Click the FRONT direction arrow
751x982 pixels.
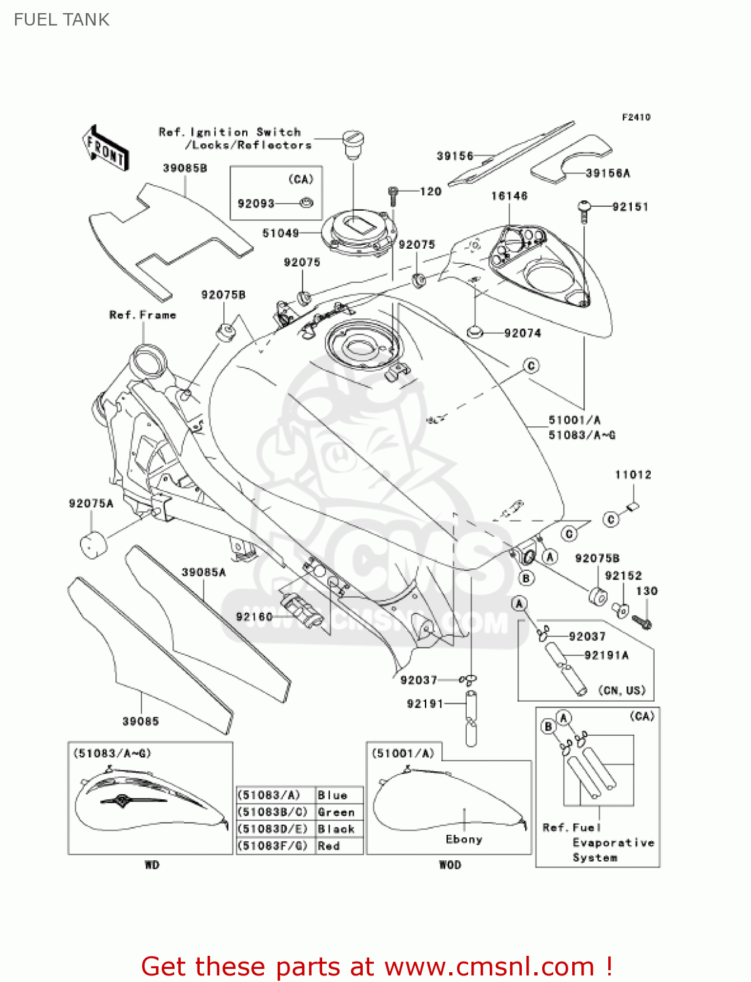point(105,149)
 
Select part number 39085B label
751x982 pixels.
point(185,168)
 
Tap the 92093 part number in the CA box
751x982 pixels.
point(256,204)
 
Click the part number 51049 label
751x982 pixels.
point(280,233)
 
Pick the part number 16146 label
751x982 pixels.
point(509,196)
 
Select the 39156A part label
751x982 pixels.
point(608,173)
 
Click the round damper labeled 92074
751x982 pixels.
point(475,333)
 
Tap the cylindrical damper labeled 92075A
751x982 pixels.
point(92,545)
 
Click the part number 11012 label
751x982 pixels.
point(633,475)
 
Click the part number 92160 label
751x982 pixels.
point(254,617)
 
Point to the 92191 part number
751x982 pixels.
point(425,704)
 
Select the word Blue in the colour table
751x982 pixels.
point(332,795)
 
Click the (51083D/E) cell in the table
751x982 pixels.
point(272,829)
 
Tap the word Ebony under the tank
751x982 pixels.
point(464,839)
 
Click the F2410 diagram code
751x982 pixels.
point(636,117)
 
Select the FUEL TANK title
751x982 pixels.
point(62,20)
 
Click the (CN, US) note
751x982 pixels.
point(621,691)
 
